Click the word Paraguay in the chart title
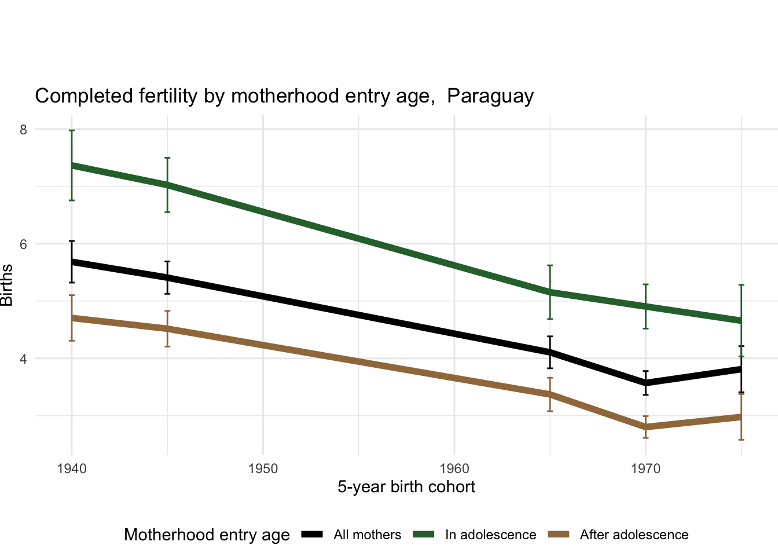490,96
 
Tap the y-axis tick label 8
24,130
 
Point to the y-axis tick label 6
24,244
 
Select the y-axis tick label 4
24,359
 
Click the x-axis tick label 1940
72,468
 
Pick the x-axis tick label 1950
263,468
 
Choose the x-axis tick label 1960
454,468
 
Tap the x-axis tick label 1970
645,468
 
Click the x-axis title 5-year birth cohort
406,487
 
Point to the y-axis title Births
7,285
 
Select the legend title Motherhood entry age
207,535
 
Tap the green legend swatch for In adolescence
423,535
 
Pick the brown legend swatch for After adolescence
558,535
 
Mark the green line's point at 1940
72,166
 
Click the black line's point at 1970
645,383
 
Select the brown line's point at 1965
550,394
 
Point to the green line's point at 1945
167,185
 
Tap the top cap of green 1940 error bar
72,130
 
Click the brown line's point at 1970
645,427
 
